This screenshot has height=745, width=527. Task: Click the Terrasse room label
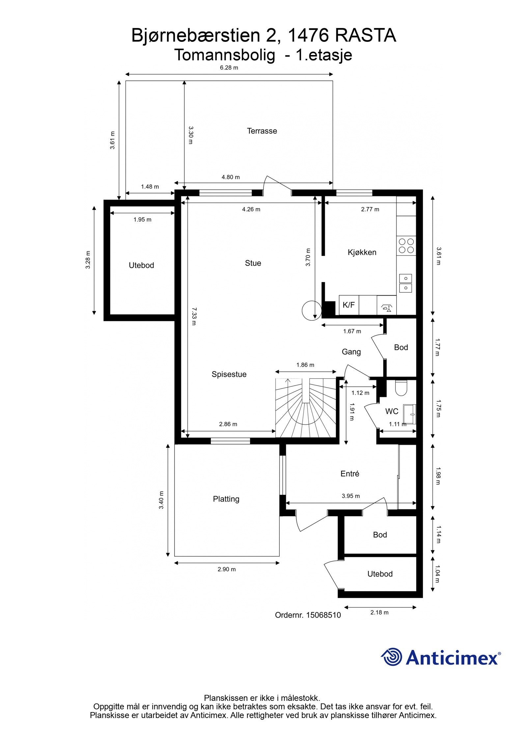tap(262, 131)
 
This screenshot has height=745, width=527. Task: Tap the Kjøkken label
tap(362, 253)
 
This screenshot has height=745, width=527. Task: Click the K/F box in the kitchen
tap(348, 305)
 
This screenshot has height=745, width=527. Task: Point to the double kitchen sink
tap(406, 283)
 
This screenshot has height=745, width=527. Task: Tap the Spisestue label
tap(229, 374)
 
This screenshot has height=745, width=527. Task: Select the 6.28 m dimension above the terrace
tap(229, 68)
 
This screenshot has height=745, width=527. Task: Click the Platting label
tap(226, 499)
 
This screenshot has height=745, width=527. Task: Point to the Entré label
tap(349, 474)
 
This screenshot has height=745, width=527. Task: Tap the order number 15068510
tap(323, 615)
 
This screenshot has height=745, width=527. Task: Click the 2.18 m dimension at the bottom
tap(379, 613)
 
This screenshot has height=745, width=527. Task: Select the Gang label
tap(351, 352)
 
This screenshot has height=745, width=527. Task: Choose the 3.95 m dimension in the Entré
tap(350, 496)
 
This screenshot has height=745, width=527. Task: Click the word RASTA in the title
tap(365, 36)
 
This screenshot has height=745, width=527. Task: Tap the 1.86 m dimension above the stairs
tap(305, 365)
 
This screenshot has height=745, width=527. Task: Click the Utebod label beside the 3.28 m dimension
tap(141, 265)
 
